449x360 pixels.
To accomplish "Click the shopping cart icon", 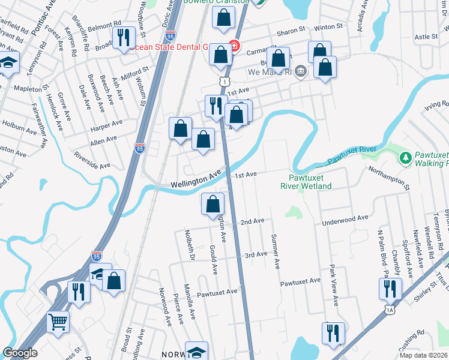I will [58, 322].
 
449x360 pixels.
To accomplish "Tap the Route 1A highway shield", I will [390, 310].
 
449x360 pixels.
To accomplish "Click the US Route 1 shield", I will [223, 81].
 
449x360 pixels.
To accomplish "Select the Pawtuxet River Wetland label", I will [306, 182].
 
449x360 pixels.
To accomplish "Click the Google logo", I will [20, 353].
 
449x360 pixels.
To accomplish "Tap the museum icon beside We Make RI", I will [301, 72].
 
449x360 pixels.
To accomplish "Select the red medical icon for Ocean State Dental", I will [234, 46].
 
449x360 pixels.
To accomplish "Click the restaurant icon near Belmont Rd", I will [124, 37].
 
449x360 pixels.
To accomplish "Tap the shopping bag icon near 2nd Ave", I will [212, 204].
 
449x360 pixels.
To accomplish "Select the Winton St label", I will [328, 27].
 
